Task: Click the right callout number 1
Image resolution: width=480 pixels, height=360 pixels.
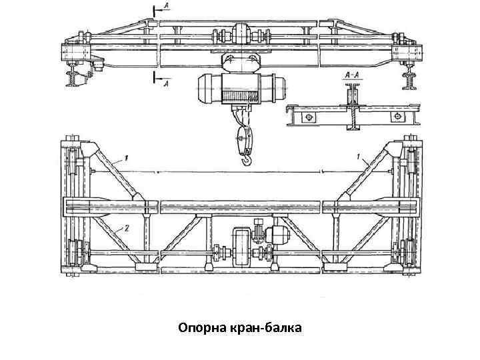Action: pos(359,158)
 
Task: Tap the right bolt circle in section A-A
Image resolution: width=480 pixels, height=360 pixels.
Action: pos(397,117)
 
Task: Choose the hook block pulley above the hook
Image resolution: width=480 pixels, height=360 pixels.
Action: pos(243,139)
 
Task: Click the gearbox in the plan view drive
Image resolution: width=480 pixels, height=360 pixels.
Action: pos(241,247)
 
